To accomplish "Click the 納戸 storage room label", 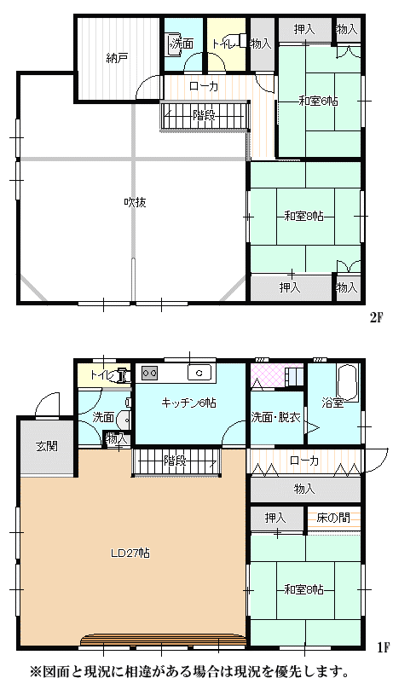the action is coord(117,58).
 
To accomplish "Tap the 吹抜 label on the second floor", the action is coord(135,202).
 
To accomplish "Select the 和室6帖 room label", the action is coord(319,101).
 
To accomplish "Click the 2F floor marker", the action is coord(377,319).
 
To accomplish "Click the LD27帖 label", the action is coord(130,553).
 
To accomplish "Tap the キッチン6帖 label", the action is coord(188,403).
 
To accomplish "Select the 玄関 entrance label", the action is coord(47,446).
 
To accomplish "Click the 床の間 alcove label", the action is coord(332,518).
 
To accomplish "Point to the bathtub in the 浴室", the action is coord(348,383).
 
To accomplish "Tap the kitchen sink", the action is coord(199,373).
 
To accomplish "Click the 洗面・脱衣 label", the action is coord(276,418).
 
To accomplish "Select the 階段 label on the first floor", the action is coord(175,461).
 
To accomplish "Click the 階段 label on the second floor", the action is coord(204,115).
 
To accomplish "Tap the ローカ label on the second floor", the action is coord(204,86).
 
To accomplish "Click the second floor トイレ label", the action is coord(223,43).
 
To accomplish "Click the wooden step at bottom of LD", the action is coord(163,640).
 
